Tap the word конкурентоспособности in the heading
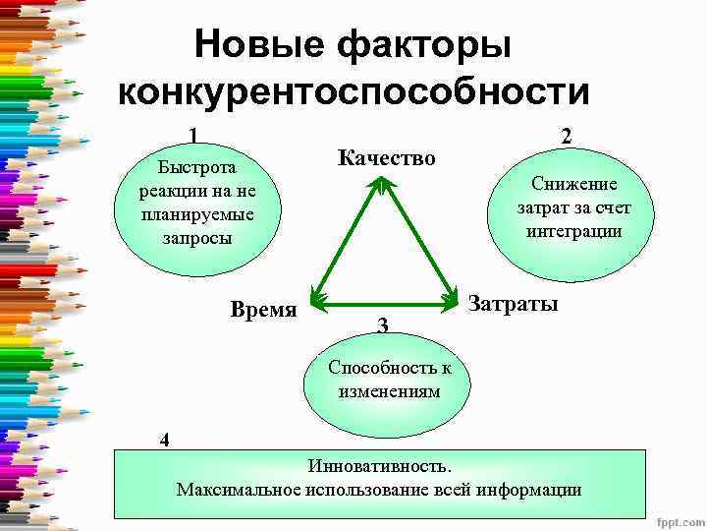[353, 92]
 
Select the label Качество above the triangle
[386, 157]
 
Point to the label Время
[263, 310]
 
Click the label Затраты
[514, 304]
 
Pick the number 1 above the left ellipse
[193, 135]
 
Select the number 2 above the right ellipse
[566, 137]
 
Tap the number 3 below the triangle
[383, 325]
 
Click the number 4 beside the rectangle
[165, 440]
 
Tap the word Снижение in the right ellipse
[574, 183]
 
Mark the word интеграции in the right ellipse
[574, 232]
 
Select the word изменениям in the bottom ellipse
[390, 390]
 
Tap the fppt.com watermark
[678, 520]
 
